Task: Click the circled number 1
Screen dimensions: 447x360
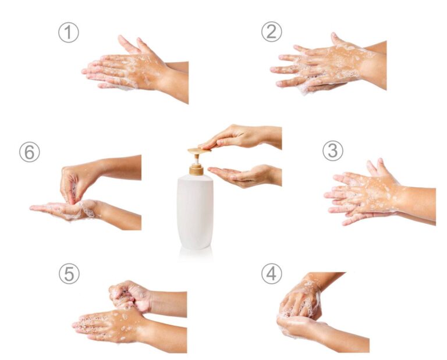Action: (x=69, y=33)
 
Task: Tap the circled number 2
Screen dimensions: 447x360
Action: (x=271, y=31)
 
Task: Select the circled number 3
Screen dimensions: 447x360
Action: (x=333, y=151)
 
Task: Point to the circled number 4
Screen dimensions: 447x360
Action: (x=271, y=274)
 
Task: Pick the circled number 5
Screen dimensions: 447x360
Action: (x=69, y=273)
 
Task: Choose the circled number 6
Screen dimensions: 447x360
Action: (x=29, y=152)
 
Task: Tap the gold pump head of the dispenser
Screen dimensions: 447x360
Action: (x=198, y=151)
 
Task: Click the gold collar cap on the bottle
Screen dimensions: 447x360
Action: (x=196, y=170)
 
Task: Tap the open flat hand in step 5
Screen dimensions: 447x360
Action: (x=120, y=327)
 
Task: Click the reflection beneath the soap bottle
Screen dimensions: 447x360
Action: (x=196, y=254)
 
